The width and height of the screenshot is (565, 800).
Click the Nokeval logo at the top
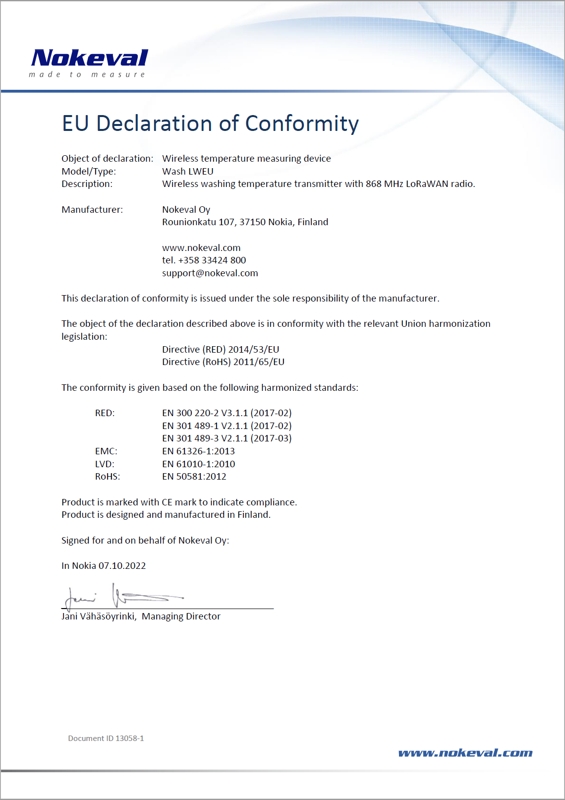tap(89, 62)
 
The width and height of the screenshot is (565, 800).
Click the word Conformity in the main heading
tap(302, 123)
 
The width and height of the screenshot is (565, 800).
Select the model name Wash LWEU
tap(188, 172)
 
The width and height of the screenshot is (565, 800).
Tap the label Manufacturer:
tap(92, 210)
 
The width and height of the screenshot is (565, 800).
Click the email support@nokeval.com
tap(210, 273)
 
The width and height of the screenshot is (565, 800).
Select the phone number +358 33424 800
tap(212, 260)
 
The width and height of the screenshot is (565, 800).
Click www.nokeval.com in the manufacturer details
tap(201, 248)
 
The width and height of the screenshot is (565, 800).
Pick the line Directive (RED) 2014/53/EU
tap(221, 350)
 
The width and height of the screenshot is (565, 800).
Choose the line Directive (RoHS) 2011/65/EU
tap(223, 362)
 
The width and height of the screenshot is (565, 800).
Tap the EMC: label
tap(106, 451)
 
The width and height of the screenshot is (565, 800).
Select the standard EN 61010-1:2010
tap(199, 464)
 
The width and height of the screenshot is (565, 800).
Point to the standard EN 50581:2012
tap(194, 477)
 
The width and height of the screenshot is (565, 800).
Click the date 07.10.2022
tap(122, 566)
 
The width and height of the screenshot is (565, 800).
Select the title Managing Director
tap(181, 616)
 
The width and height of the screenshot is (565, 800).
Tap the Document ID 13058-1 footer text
tap(106, 738)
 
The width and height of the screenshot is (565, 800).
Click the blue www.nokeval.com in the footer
tap(465, 753)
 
